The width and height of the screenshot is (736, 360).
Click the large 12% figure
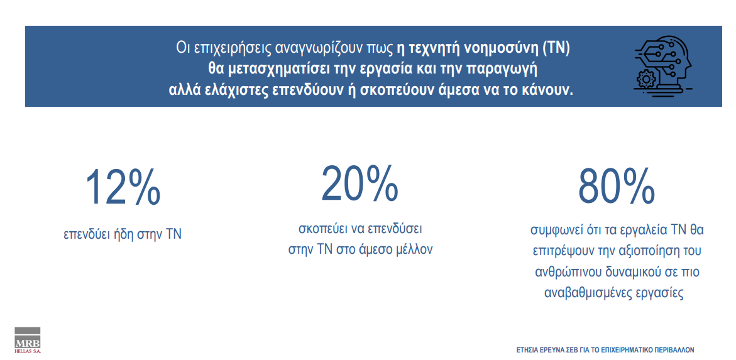tap(123, 188)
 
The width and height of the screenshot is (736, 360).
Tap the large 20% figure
tap(360, 182)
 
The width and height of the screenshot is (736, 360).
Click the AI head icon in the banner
tap(662, 63)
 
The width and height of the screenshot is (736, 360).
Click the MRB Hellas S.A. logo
tap(28, 341)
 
